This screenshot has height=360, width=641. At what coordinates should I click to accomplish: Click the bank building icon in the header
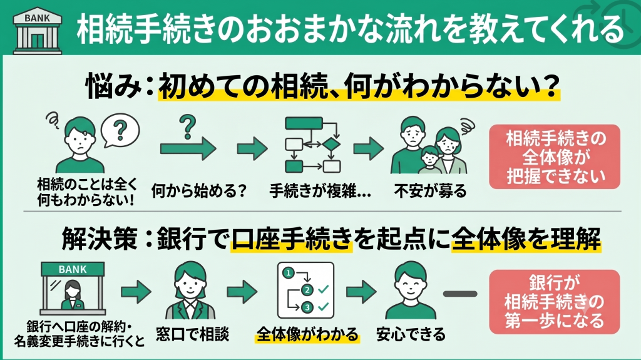pyautogui.click(x=37, y=31)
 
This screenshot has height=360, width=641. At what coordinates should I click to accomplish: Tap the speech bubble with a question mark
pyautogui.click(x=120, y=130)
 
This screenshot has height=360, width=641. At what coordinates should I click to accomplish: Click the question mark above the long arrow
pyautogui.click(x=188, y=127)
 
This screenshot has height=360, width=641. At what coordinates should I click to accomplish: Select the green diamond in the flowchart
pyautogui.click(x=331, y=145)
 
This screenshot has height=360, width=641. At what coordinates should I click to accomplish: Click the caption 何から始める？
pyautogui.click(x=199, y=190)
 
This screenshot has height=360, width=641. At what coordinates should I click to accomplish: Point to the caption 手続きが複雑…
pyautogui.click(x=320, y=190)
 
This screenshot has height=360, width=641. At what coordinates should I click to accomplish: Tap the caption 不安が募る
pyautogui.click(x=431, y=190)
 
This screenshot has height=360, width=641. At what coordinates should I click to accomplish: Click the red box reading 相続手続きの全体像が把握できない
pyautogui.click(x=555, y=157)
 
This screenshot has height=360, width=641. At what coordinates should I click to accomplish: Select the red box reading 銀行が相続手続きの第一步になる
pyautogui.click(x=555, y=302)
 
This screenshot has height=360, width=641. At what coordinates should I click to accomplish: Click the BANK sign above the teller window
pyautogui.click(x=73, y=269)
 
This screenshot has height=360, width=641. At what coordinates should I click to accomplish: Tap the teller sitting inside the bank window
pyautogui.click(x=73, y=296)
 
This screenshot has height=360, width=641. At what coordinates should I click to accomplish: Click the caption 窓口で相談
pyautogui.click(x=193, y=334)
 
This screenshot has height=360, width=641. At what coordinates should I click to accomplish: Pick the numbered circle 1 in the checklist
pyautogui.click(x=289, y=273)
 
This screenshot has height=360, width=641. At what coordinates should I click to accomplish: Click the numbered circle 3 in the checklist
pyautogui.click(x=307, y=307)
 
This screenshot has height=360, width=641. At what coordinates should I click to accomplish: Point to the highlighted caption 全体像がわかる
pyautogui.click(x=307, y=334)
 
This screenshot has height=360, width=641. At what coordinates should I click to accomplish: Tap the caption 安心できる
pyautogui.click(x=411, y=334)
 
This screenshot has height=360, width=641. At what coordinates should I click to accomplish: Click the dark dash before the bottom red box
pyautogui.click(x=460, y=294)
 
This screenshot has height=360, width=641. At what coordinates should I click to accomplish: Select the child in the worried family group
pyautogui.click(x=431, y=160)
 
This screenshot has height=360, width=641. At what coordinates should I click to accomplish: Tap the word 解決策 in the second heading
pyautogui.click(x=99, y=239)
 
